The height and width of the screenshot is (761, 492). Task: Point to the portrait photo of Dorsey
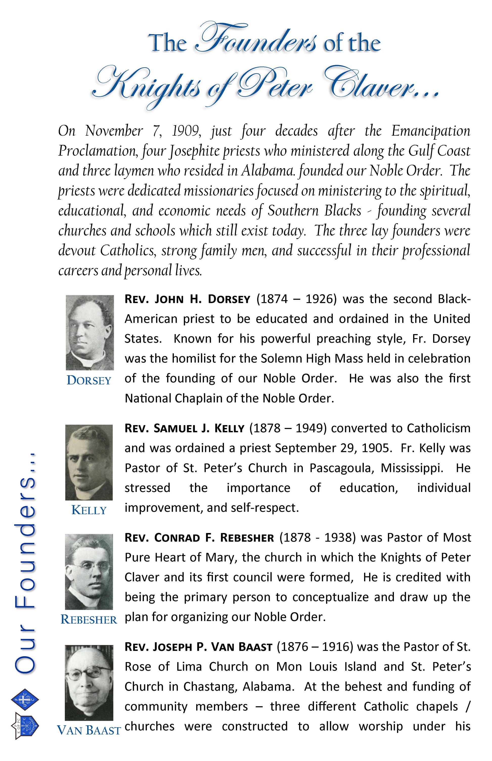coord(90,333)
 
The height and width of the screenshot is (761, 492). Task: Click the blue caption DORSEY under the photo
coord(89,381)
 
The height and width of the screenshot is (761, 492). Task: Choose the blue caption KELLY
coord(89,510)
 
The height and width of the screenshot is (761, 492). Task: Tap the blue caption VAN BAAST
coord(89,731)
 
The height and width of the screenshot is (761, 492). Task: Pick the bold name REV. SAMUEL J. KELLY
coord(184,428)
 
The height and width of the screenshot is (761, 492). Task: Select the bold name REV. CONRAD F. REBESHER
coord(199,538)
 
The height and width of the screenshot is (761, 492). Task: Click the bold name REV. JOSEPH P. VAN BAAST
coord(198,647)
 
